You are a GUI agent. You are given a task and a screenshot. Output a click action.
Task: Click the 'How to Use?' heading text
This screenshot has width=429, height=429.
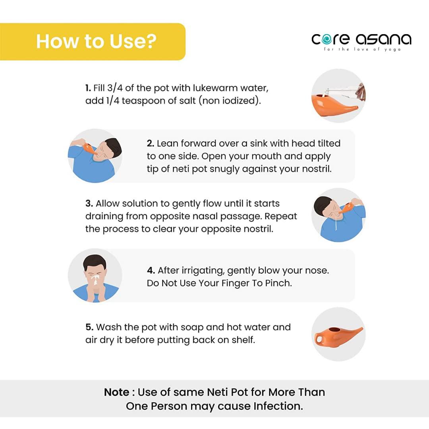pyautogui.click(x=96, y=41)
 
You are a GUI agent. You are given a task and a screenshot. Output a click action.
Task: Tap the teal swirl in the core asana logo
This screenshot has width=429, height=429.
pyautogui.click(x=327, y=39)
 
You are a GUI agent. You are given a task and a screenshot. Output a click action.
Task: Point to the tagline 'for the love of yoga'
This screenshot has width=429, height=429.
pyautogui.click(x=362, y=49)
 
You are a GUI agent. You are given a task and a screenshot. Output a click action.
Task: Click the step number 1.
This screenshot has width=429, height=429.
pyautogui.click(x=88, y=88)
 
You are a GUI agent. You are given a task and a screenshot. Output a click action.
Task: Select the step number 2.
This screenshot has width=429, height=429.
pyautogui.click(x=151, y=143)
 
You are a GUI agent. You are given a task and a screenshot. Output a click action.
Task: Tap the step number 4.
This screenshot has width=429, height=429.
pyautogui.click(x=151, y=271)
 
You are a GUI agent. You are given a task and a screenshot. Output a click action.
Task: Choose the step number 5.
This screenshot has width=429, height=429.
pyautogui.click(x=89, y=327)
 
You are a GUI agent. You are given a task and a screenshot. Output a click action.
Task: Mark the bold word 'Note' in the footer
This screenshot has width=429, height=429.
pyautogui.click(x=116, y=392)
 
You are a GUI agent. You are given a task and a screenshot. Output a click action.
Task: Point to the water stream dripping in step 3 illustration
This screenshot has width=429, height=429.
pyautogui.click(x=336, y=223)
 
